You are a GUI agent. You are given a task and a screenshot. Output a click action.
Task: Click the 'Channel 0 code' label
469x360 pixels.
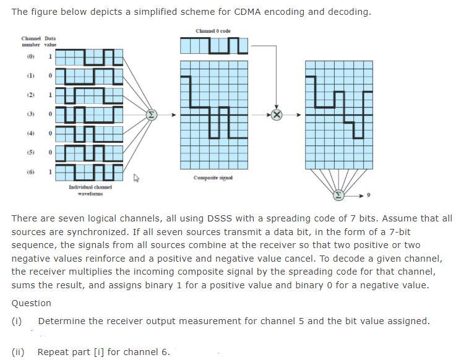(x=213, y=31)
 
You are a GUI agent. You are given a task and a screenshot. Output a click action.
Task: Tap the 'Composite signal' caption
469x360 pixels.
(x=213, y=178)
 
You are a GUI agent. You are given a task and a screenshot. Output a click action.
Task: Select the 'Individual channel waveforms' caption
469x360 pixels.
(x=90, y=189)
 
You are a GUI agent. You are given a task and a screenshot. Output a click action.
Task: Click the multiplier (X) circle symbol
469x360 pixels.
(x=277, y=114)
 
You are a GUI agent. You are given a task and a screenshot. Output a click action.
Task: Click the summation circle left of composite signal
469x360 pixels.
(x=150, y=114)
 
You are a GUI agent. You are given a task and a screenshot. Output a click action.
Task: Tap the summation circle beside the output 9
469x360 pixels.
(x=338, y=195)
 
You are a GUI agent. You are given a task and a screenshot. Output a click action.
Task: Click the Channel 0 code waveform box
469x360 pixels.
(x=213, y=45)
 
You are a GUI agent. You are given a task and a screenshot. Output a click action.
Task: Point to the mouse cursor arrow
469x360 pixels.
(x=137, y=179)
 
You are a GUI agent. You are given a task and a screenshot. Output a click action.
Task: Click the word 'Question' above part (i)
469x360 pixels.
(x=31, y=303)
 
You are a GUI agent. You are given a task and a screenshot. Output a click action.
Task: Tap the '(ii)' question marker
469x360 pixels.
(x=18, y=352)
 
